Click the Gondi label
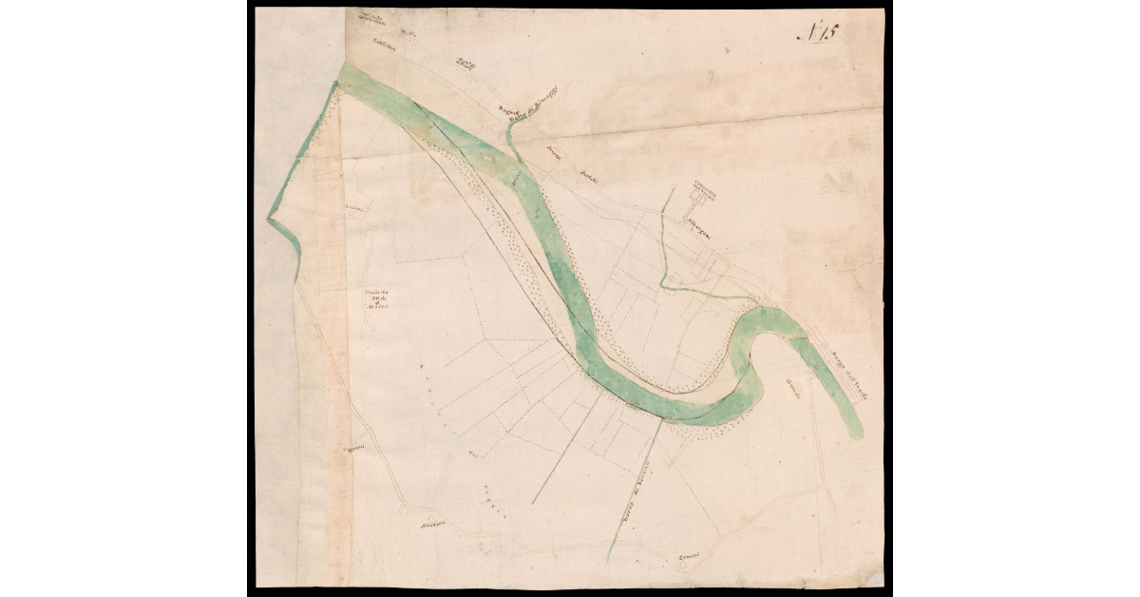coord(794,388)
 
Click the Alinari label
coord(421,531)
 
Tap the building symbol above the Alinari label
coord(429,520)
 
